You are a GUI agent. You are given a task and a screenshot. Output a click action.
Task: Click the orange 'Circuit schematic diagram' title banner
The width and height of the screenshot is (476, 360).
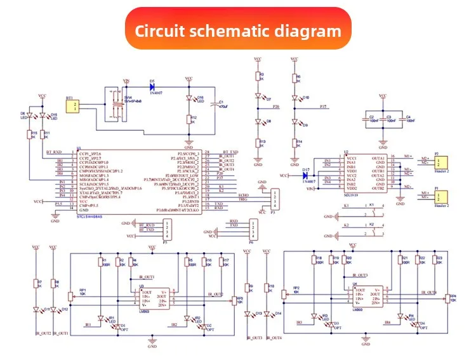pos(238,29)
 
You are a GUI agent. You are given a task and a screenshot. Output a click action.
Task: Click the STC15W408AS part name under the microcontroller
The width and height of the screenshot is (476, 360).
pos(89,216)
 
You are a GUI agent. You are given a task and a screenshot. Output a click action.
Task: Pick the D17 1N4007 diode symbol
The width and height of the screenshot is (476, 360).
pos(306,175)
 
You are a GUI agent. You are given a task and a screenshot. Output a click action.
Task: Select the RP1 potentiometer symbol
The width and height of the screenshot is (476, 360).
pos(70,297)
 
